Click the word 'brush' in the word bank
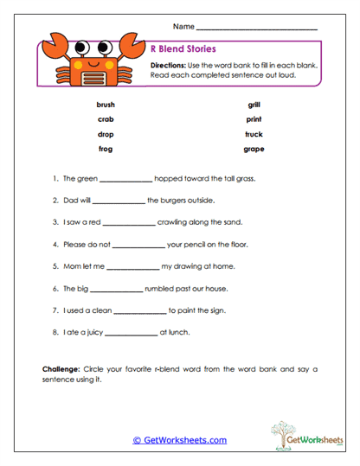click(106, 105)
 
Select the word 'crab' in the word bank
click(106, 119)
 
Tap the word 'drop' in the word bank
click(106, 134)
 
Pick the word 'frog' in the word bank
click(106, 149)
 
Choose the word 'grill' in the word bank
click(254, 105)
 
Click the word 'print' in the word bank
click(254, 119)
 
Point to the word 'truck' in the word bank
click(254, 134)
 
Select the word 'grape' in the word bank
click(254, 149)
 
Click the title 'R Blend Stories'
click(183, 49)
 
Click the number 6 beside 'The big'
click(55, 288)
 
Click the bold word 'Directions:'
click(172, 65)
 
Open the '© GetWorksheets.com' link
click(179, 440)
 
